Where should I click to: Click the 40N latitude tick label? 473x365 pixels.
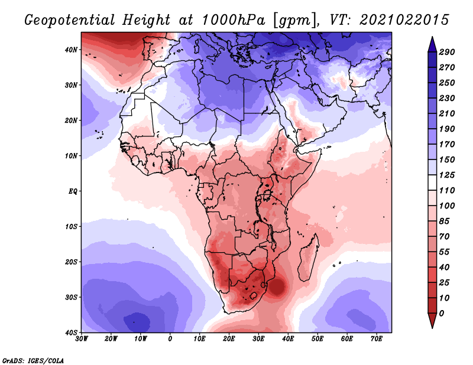(71, 50)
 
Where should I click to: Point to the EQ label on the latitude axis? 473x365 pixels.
(73, 191)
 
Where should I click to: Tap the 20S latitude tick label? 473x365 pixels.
(71, 262)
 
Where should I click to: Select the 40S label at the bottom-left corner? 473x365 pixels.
(71, 333)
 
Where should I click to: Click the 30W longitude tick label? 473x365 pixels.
(82, 339)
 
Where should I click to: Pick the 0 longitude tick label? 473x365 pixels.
(170, 339)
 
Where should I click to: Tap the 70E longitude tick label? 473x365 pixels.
(377, 339)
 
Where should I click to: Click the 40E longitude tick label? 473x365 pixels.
(288, 339)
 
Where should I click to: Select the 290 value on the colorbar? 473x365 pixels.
(446, 52)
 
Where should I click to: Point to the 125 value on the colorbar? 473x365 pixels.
(446, 175)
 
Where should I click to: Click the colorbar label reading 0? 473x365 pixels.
(441, 314)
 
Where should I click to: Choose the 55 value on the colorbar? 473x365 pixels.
(444, 252)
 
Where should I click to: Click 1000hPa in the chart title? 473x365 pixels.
(234, 20)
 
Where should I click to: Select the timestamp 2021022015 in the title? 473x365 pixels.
(404, 20)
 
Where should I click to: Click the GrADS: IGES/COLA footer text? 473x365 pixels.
(33, 360)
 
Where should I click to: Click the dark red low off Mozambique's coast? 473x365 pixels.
(277, 287)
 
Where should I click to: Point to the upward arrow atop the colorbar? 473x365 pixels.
(432, 44)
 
